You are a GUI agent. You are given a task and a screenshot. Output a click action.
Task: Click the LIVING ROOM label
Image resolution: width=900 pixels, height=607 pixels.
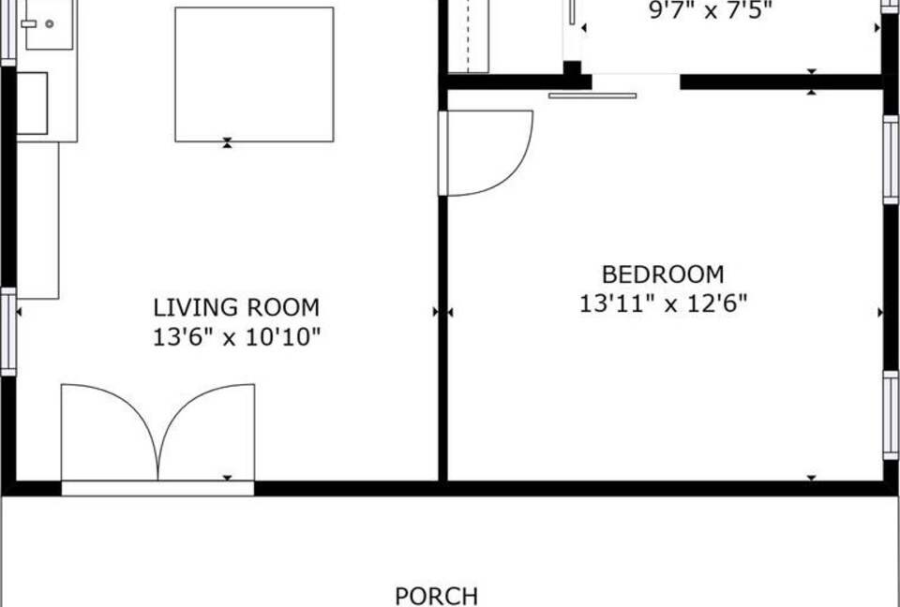click(236, 307)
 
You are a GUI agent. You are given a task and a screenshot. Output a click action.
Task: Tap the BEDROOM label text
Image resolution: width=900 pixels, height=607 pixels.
click(663, 274)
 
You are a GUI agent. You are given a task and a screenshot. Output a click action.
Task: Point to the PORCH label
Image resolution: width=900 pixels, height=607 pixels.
click(436, 596)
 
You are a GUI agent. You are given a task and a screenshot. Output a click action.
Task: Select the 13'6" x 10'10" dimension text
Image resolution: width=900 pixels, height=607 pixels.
click(236, 337)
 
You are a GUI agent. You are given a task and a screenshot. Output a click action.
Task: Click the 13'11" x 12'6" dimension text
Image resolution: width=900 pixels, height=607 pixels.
click(663, 304)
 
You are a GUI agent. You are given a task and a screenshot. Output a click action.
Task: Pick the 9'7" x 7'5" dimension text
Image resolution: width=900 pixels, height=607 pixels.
click(711, 12)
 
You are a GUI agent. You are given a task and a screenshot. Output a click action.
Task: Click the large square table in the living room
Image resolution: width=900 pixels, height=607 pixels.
click(254, 74)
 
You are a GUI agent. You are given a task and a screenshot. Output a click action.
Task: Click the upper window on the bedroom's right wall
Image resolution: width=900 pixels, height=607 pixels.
click(891, 159)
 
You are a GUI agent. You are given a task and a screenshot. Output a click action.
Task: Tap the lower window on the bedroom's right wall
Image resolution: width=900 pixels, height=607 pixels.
click(891, 415)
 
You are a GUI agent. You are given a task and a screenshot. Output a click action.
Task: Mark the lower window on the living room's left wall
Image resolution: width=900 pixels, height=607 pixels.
click(8, 333)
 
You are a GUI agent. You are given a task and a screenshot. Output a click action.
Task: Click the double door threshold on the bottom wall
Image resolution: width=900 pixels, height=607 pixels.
click(157, 488)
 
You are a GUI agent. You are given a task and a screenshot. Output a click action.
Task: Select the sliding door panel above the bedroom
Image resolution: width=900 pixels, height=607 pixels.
click(592, 95)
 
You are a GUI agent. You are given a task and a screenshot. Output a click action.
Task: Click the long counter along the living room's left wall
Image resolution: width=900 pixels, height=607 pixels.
click(37, 220)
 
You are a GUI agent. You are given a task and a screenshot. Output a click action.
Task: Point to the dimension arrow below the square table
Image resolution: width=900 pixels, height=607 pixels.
click(227, 143)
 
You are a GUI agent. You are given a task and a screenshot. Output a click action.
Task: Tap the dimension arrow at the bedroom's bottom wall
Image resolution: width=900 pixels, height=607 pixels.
click(811, 479)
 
